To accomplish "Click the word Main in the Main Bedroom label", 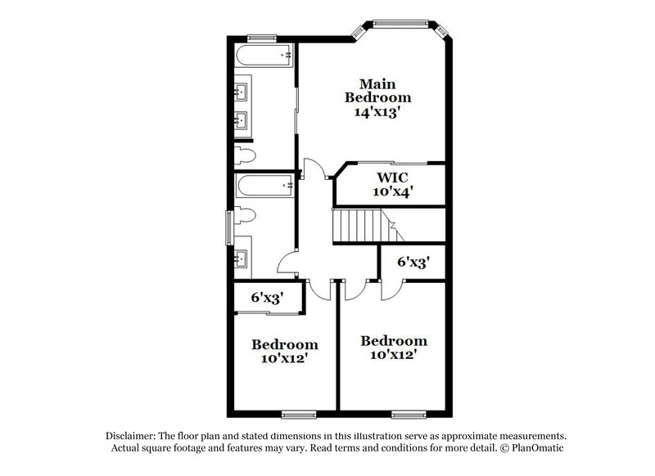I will tap(377, 83).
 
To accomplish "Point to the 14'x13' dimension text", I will tap(377, 114).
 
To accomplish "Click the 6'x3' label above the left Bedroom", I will tap(267, 299).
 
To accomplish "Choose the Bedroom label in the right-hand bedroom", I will tap(393, 340).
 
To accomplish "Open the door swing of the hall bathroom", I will tap(288, 263).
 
